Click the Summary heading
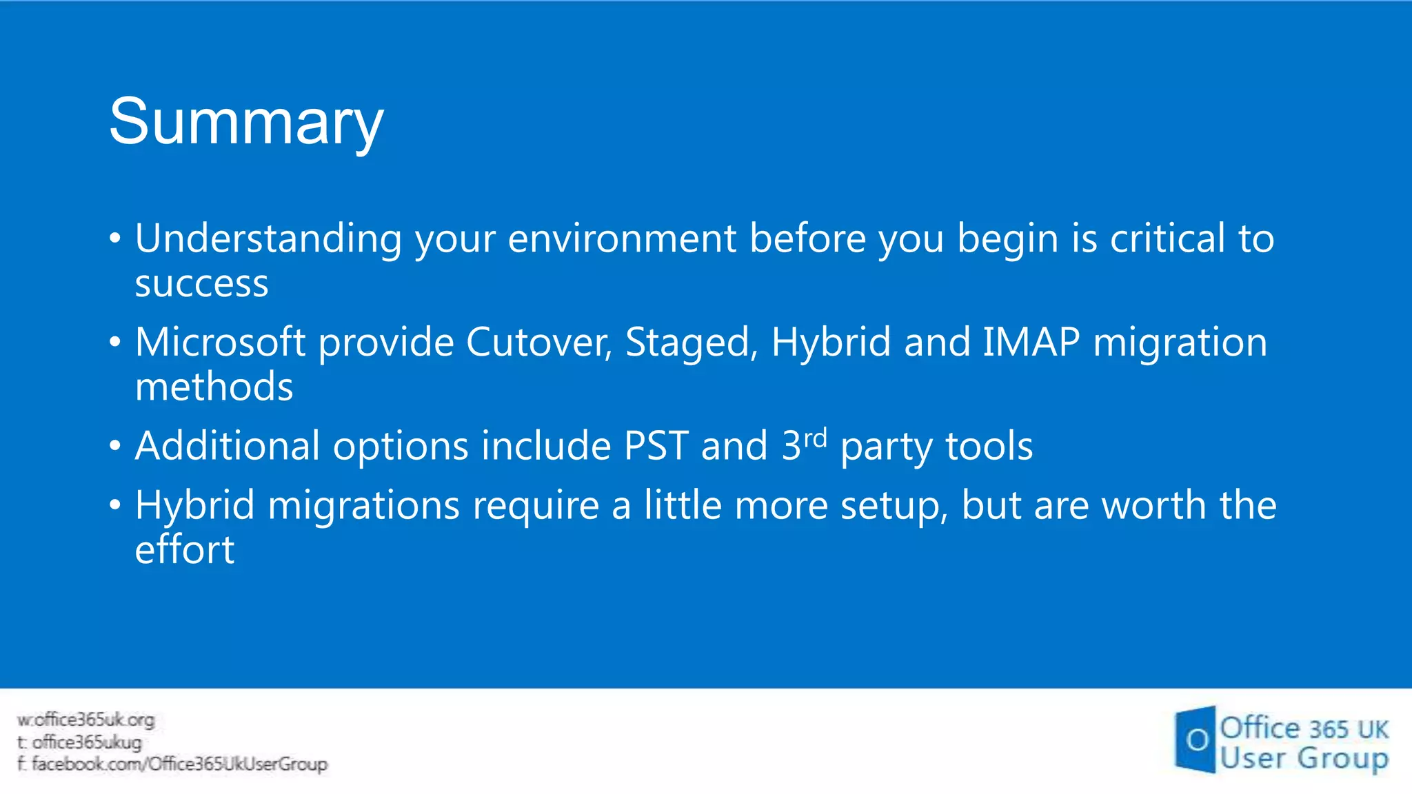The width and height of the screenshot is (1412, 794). (246, 123)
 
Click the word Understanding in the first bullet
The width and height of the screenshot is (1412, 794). (268, 239)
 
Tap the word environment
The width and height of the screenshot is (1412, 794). (622, 239)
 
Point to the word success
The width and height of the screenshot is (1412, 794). (201, 284)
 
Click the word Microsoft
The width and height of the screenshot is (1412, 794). (220, 343)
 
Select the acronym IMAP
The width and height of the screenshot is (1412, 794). (1031, 343)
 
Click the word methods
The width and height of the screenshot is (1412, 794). (214, 387)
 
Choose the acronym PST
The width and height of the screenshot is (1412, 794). (656, 446)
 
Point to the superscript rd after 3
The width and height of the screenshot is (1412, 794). (815, 438)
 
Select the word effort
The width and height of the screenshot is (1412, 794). (185, 550)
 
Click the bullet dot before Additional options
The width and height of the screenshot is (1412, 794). (115, 446)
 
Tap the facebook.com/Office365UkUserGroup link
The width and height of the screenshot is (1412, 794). (179, 764)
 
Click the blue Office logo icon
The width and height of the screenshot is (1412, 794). (1196, 740)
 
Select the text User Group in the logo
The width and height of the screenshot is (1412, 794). (1303, 758)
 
